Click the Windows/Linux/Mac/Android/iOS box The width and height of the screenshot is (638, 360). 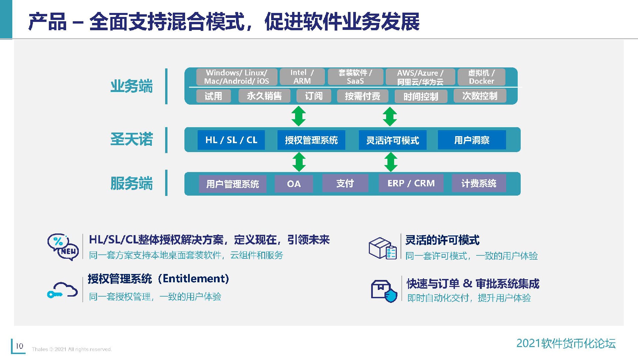pyautogui.click(x=236, y=77)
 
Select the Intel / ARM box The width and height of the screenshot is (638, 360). pyautogui.click(x=302, y=77)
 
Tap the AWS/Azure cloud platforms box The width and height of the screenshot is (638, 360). pyautogui.click(x=420, y=77)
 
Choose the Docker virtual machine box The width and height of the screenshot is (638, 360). pyautogui.click(x=481, y=77)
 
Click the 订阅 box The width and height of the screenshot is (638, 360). pyautogui.click(x=314, y=96)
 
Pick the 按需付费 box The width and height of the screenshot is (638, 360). pyautogui.click(x=362, y=96)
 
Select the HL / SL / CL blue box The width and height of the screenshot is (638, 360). pyautogui.click(x=231, y=140)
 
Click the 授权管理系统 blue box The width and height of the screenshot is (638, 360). pyautogui.click(x=311, y=140)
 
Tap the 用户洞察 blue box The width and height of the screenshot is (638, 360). pyautogui.click(x=472, y=140)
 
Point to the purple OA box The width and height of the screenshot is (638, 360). pyautogui.click(x=294, y=184)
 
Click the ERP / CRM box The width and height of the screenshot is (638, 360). pyautogui.click(x=411, y=183)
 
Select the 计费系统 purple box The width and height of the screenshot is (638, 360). pyautogui.click(x=478, y=183)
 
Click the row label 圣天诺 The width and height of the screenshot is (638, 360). pyautogui.click(x=132, y=139)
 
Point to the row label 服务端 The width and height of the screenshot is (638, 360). pyautogui.click(x=132, y=183)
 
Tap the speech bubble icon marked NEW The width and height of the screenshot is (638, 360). pyautogui.click(x=63, y=247)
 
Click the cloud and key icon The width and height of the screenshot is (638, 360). pyautogui.click(x=62, y=290)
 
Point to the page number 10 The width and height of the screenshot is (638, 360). pyautogui.click(x=20, y=346)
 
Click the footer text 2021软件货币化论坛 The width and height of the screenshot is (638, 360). pyautogui.click(x=566, y=343)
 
